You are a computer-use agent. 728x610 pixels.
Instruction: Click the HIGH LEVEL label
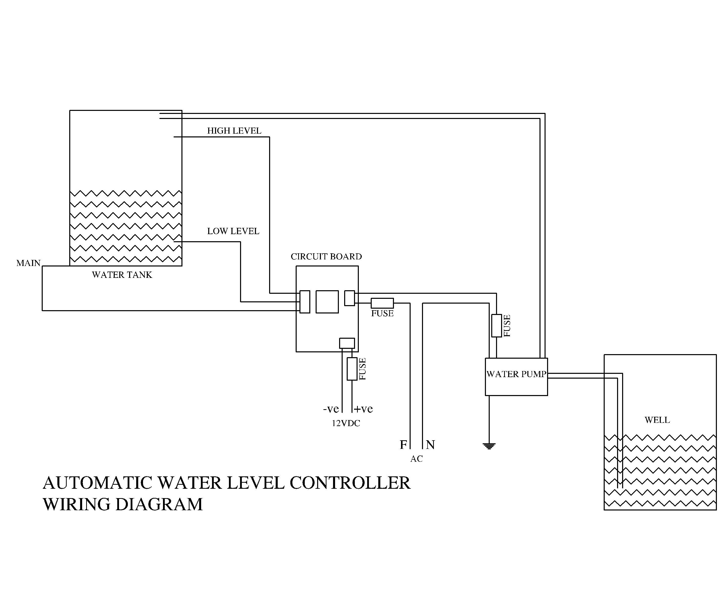(x=234, y=131)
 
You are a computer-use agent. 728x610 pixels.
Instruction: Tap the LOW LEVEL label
(x=233, y=231)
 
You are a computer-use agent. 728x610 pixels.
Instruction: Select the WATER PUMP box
(x=516, y=377)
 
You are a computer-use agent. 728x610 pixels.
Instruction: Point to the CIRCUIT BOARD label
(x=326, y=256)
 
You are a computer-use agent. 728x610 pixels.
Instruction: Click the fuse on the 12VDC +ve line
(x=352, y=369)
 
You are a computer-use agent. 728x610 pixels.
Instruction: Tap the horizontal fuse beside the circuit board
(x=382, y=303)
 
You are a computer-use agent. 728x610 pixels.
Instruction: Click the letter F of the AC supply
(x=403, y=445)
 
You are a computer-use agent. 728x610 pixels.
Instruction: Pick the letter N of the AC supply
(x=430, y=445)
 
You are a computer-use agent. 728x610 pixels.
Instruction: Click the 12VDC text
(x=346, y=423)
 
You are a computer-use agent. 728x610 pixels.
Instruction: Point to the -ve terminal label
(x=331, y=409)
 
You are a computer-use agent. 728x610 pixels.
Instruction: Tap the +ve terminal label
(x=364, y=409)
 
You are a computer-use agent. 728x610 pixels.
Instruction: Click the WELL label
(x=657, y=420)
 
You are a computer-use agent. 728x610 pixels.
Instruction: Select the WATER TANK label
(x=122, y=275)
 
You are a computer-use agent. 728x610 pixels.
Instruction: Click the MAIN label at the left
(x=28, y=263)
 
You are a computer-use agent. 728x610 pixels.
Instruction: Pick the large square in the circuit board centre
(x=327, y=302)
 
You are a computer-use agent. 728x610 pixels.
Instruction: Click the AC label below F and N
(x=416, y=459)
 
